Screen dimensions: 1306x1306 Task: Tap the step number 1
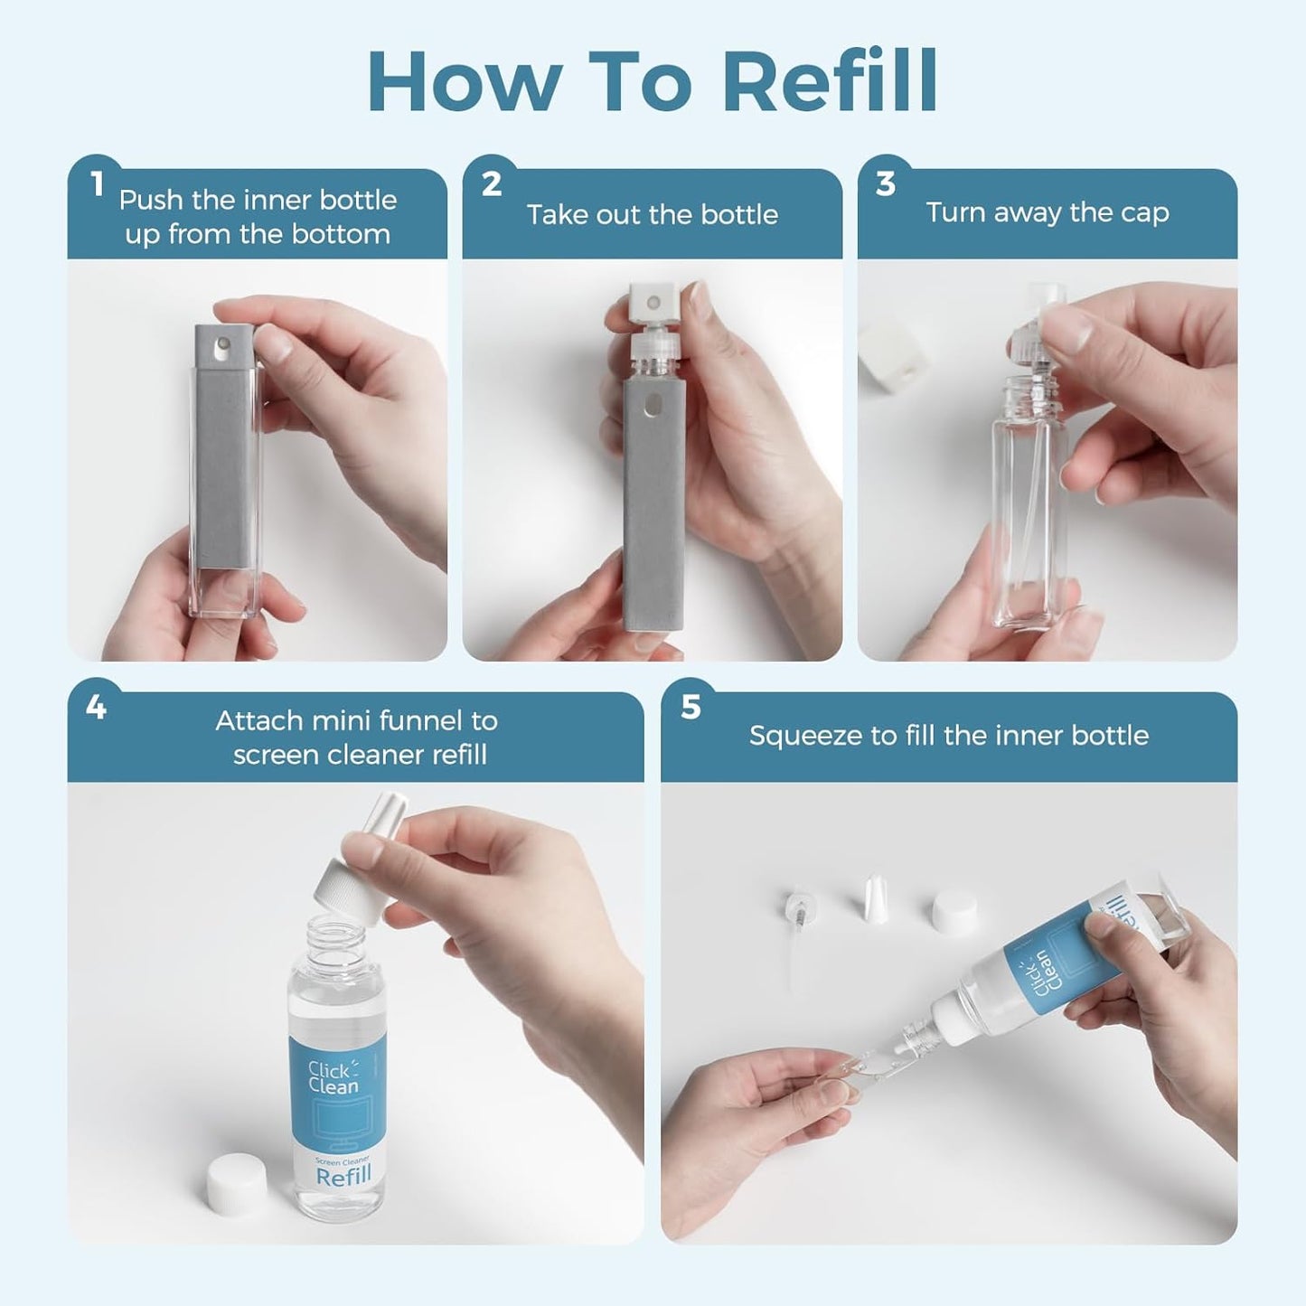[99, 183]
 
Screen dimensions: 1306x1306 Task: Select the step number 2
[492, 183]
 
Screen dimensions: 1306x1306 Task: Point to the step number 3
[886, 183]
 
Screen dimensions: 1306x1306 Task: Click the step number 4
[96, 707]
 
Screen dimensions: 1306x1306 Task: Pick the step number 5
[691, 707]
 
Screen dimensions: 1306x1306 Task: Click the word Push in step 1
[151, 200]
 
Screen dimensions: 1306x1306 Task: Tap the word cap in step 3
[1145, 214]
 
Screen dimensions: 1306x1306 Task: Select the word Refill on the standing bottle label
[343, 1176]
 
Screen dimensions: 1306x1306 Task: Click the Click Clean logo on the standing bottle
[333, 1077]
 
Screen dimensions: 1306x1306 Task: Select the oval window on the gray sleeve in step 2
[653, 406]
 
